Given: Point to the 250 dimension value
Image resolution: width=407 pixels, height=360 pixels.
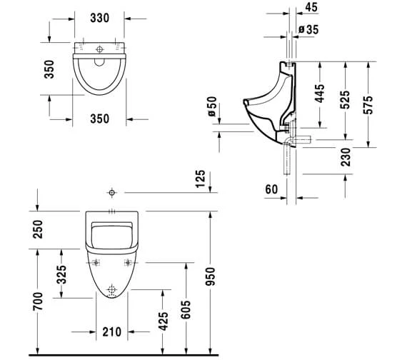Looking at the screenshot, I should [39, 229].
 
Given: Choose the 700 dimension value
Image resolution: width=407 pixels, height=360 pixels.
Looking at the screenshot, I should [39, 302].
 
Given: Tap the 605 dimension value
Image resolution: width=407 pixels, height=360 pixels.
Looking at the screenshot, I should [184, 307].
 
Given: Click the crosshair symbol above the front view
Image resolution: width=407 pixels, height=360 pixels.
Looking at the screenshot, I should [111, 193].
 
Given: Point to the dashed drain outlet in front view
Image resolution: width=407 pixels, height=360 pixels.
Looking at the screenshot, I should [111, 291].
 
